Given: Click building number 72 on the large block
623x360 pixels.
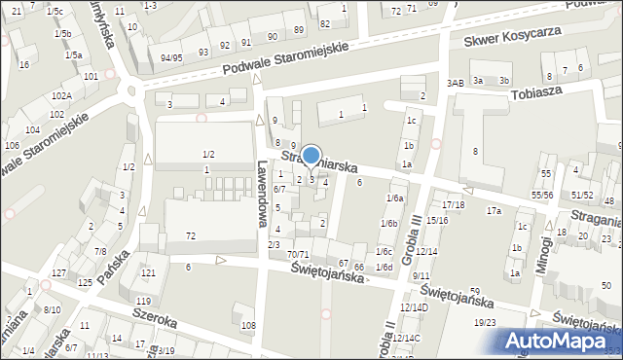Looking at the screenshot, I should (191, 236).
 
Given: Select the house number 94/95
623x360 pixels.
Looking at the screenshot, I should (172, 58).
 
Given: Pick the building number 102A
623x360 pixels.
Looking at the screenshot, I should (61, 96).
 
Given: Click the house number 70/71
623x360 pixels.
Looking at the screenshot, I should (298, 255).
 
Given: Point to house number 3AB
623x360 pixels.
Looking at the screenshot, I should (455, 84).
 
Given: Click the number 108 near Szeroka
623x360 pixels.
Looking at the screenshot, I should (248, 324).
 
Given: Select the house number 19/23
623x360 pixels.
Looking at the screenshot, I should (485, 322).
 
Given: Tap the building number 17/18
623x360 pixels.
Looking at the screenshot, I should (454, 205).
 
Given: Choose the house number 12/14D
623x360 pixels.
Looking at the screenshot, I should (416, 307).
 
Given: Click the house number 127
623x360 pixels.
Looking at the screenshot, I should (59, 272).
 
